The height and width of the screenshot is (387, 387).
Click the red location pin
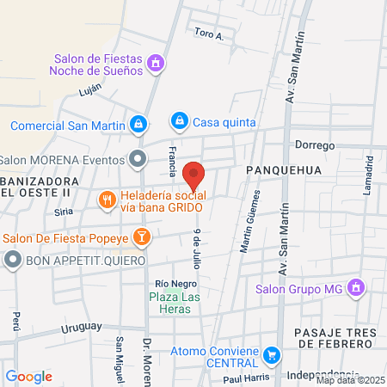click(193, 175)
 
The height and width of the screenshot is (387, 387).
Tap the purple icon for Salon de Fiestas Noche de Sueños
click(156, 63)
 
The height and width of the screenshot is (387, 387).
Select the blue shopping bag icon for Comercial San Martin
click(138, 124)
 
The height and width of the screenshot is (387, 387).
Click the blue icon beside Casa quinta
click(179, 121)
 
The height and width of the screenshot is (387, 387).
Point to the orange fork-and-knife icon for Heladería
click(107, 200)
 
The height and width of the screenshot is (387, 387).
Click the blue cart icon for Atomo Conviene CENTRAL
click(272, 353)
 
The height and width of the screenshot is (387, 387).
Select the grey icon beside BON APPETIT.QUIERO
click(12, 260)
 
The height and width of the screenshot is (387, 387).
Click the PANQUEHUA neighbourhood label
click(283, 170)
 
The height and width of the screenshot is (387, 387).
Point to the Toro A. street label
click(209, 35)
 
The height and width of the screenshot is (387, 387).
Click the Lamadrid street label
click(367, 176)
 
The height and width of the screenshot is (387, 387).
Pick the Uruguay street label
click(83, 327)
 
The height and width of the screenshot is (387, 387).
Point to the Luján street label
click(77, 89)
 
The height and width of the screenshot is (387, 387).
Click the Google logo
click(28, 376)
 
